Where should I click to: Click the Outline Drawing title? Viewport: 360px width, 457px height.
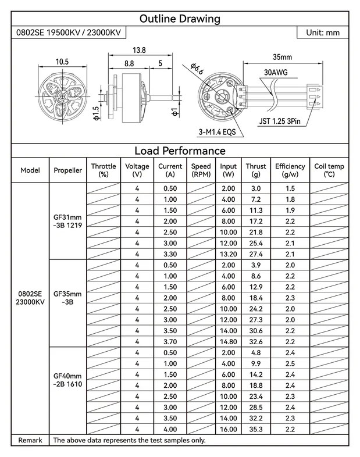tap(180, 19)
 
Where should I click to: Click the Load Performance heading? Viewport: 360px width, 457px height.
tap(180, 151)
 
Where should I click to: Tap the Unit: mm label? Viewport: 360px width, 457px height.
tap(323, 33)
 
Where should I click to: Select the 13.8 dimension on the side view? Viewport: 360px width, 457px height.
tap(140, 51)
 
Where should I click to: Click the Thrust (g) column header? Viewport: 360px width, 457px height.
tap(256, 170)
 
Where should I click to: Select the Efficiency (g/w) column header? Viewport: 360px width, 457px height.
tap(290, 170)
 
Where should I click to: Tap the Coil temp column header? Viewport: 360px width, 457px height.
tap(329, 170)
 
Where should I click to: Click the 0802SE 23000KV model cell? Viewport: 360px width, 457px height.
tap(30, 298)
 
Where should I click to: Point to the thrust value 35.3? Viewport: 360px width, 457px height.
tap(256, 430)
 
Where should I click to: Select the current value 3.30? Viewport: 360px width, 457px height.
tap(170, 254)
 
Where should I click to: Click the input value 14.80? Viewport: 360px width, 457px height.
tap(229, 341)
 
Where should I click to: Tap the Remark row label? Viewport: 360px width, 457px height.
tap(30, 441)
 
